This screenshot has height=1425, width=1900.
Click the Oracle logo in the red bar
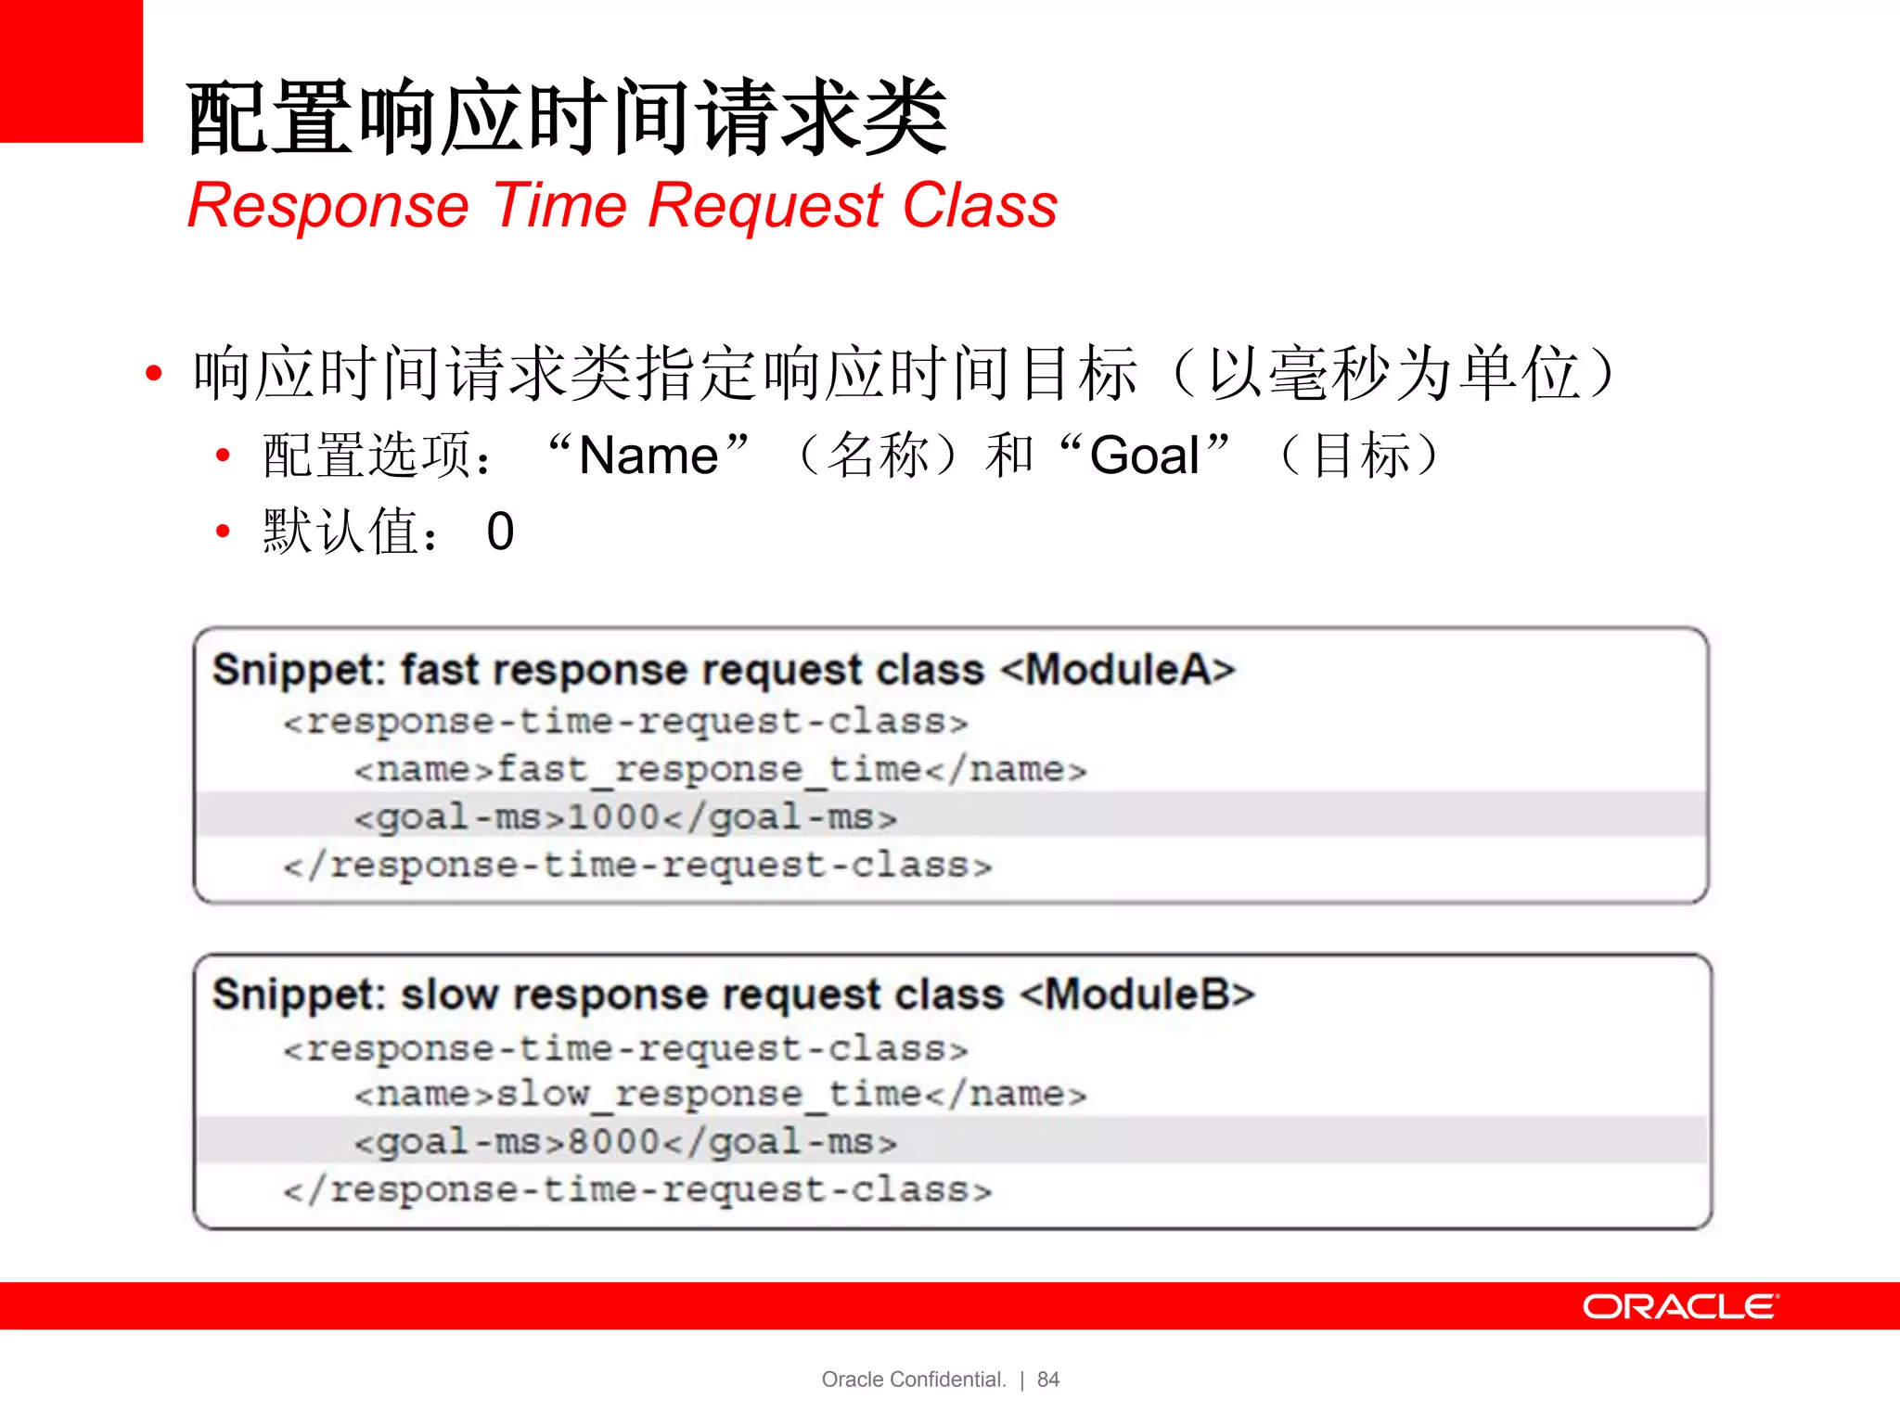[x=1680, y=1306]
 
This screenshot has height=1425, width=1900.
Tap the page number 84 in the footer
[x=1048, y=1380]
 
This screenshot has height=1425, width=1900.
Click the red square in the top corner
[x=71, y=71]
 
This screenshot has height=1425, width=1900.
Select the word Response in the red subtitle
[x=328, y=205]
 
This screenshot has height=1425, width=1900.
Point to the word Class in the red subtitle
[x=980, y=205]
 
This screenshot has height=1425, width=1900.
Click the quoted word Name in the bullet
[x=648, y=456]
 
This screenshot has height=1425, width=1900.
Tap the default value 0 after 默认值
[x=500, y=532]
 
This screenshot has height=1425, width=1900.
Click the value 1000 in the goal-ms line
[x=613, y=817]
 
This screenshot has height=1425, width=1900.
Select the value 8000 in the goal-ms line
[x=613, y=1142]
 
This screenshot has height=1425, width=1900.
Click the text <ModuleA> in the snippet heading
[x=1118, y=669]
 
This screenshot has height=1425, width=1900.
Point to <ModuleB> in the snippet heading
[x=1137, y=995]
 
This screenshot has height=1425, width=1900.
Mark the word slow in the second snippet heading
[x=450, y=995]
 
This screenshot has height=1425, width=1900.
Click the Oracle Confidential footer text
[x=914, y=1380]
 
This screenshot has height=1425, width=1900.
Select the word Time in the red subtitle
[x=560, y=205]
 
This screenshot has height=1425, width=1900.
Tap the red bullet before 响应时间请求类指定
[x=154, y=373]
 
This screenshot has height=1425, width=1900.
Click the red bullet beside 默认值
[x=223, y=532]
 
